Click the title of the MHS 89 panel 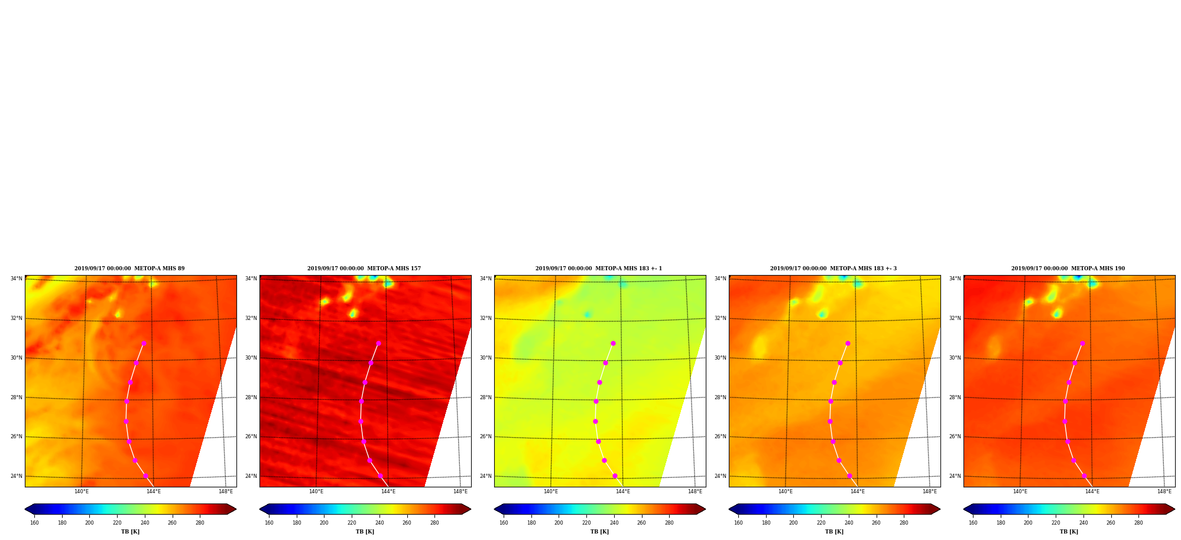[x=129, y=269]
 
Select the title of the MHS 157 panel [x=364, y=269]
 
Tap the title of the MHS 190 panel [x=1068, y=269]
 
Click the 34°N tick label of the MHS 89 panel [x=16, y=279]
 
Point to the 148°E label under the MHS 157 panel [x=460, y=492]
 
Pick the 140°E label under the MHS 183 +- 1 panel [x=551, y=492]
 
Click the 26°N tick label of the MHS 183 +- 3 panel [x=720, y=436]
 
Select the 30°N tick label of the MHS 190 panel [x=955, y=358]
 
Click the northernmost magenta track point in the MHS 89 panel [x=144, y=343]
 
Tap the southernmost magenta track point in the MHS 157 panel [x=380, y=476]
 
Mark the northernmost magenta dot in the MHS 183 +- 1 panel [x=613, y=343]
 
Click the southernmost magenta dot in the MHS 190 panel [x=1084, y=476]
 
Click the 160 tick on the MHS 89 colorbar [x=34, y=522]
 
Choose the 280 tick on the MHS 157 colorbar [x=434, y=522]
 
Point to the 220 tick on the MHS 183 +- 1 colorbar [x=586, y=522]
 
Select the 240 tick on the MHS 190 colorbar [x=1083, y=522]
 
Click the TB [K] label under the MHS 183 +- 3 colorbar [x=834, y=532]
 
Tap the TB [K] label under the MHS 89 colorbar [x=130, y=532]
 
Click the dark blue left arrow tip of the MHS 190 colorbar [x=964, y=509]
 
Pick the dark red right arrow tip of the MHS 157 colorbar [x=471, y=509]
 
